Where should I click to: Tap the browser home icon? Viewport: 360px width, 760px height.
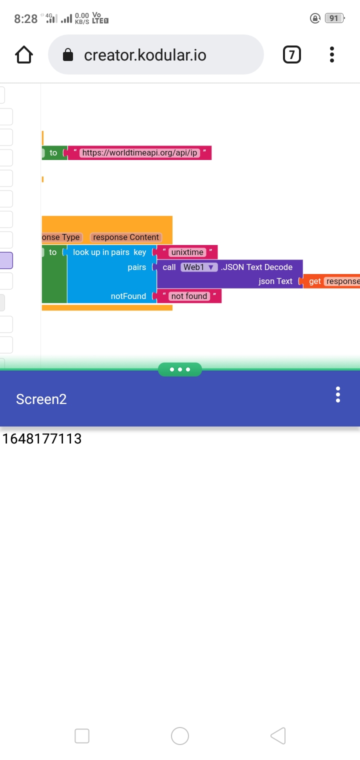click(24, 54)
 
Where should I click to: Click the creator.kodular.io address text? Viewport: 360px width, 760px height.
click(145, 55)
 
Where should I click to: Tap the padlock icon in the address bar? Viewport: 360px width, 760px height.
click(68, 55)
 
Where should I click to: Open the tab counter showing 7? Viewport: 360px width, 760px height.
click(292, 54)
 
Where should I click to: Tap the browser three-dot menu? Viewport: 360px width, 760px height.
click(332, 54)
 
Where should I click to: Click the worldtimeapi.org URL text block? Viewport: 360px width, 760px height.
click(139, 152)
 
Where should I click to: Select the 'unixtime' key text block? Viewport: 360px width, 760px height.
click(187, 252)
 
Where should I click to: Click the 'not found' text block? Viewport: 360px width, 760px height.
click(189, 296)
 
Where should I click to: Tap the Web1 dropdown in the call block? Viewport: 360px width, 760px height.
click(198, 267)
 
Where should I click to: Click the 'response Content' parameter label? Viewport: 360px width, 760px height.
click(126, 237)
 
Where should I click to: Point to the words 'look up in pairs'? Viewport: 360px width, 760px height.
click(101, 252)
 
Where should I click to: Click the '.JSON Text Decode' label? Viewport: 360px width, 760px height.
click(256, 267)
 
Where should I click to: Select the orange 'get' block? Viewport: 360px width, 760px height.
click(315, 281)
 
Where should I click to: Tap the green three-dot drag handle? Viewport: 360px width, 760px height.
click(180, 369)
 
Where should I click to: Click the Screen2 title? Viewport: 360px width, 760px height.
click(41, 399)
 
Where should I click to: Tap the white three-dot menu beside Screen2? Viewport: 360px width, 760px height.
click(338, 394)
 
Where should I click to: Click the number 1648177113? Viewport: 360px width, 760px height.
click(42, 438)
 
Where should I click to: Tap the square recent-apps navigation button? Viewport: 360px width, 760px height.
click(82, 736)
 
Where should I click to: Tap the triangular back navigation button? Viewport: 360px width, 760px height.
click(278, 736)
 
